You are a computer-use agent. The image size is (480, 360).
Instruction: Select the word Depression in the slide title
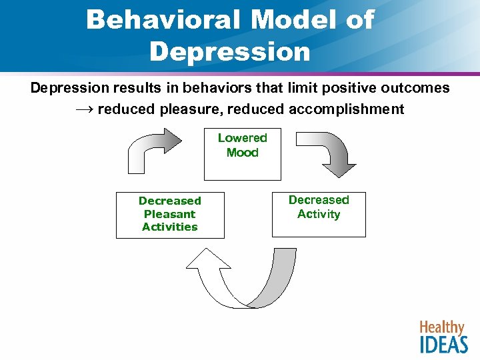pyautogui.click(x=230, y=51)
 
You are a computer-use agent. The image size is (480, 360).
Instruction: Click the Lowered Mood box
pyautogui.click(x=242, y=155)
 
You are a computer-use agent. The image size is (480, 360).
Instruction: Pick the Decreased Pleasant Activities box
pyautogui.click(x=170, y=214)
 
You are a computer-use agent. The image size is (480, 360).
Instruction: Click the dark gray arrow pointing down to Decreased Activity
pyautogui.click(x=333, y=153)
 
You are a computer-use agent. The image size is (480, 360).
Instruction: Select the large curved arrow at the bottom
pyautogui.click(x=247, y=280)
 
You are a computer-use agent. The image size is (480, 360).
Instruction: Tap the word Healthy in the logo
pyautogui.click(x=441, y=327)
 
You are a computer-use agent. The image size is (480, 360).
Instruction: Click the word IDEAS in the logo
pyautogui.click(x=444, y=344)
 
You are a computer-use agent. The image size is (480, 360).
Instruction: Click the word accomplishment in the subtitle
pyautogui.click(x=347, y=109)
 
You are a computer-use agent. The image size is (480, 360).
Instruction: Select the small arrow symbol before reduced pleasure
pyautogui.click(x=83, y=109)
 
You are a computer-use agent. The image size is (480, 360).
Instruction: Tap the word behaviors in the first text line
pyautogui.click(x=203, y=88)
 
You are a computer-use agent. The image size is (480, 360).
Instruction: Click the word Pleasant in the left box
pyautogui.click(x=170, y=214)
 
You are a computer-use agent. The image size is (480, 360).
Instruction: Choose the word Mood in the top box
pyautogui.click(x=242, y=153)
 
